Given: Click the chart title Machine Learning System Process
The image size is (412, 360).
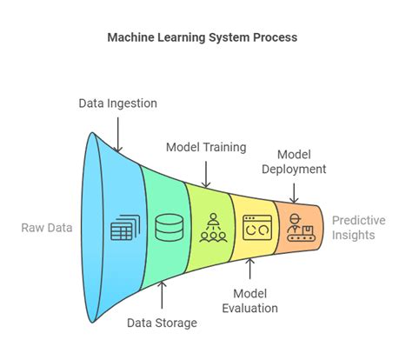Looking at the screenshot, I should (x=206, y=38).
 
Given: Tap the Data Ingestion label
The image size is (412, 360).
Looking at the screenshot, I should (x=118, y=103).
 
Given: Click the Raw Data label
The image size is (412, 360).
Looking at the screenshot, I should (x=48, y=229).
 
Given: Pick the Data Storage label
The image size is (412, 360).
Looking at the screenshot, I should (x=161, y=323).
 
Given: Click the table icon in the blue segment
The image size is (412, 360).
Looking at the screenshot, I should (x=122, y=230).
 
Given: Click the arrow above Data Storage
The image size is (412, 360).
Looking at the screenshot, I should (x=161, y=296).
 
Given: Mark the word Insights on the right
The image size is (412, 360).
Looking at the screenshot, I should (x=353, y=237).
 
